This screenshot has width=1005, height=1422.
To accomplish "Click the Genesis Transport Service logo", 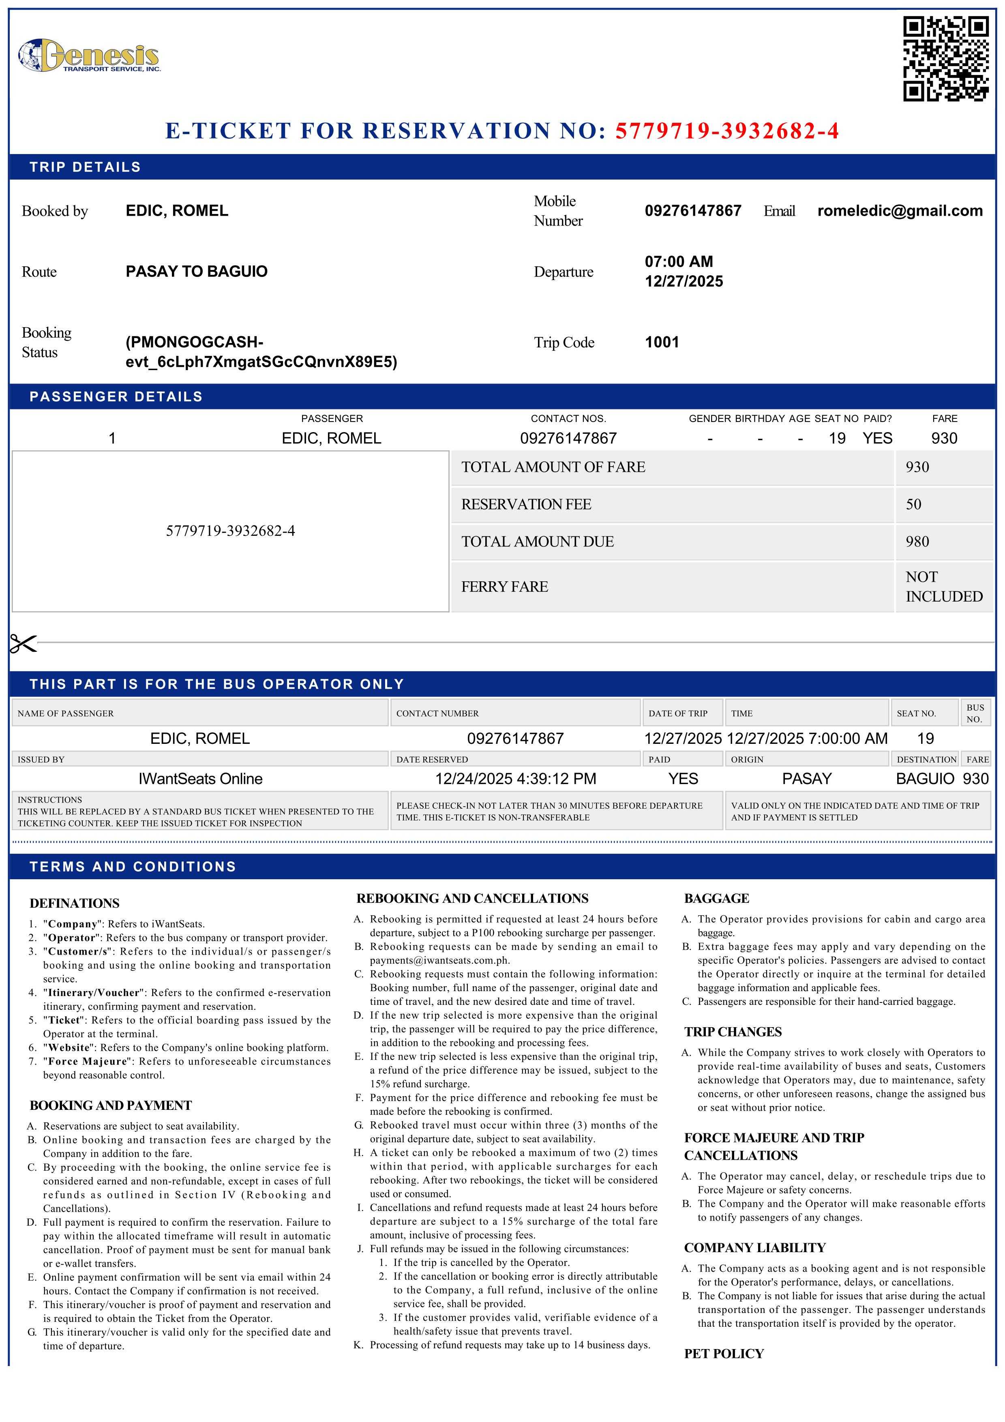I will [x=89, y=56].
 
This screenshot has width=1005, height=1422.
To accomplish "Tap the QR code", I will [x=945, y=59].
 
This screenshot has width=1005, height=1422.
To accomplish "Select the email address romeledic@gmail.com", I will [x=900, y=211].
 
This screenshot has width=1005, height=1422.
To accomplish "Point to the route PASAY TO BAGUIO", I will [x=196, y=271].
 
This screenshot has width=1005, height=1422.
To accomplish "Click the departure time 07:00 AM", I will [x=679, y=261].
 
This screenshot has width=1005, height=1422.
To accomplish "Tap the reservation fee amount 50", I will [x=913, y=504].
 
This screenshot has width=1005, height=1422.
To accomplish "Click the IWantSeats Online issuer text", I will [x=200, y=779].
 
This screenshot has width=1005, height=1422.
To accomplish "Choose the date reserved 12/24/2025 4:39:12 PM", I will [x=515, y=779].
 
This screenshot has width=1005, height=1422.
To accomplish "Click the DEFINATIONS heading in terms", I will [x=74, y=903].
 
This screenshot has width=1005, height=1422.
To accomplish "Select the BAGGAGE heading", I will [x=716, y=898].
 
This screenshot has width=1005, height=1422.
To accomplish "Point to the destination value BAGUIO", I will [x=924, y=779].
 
